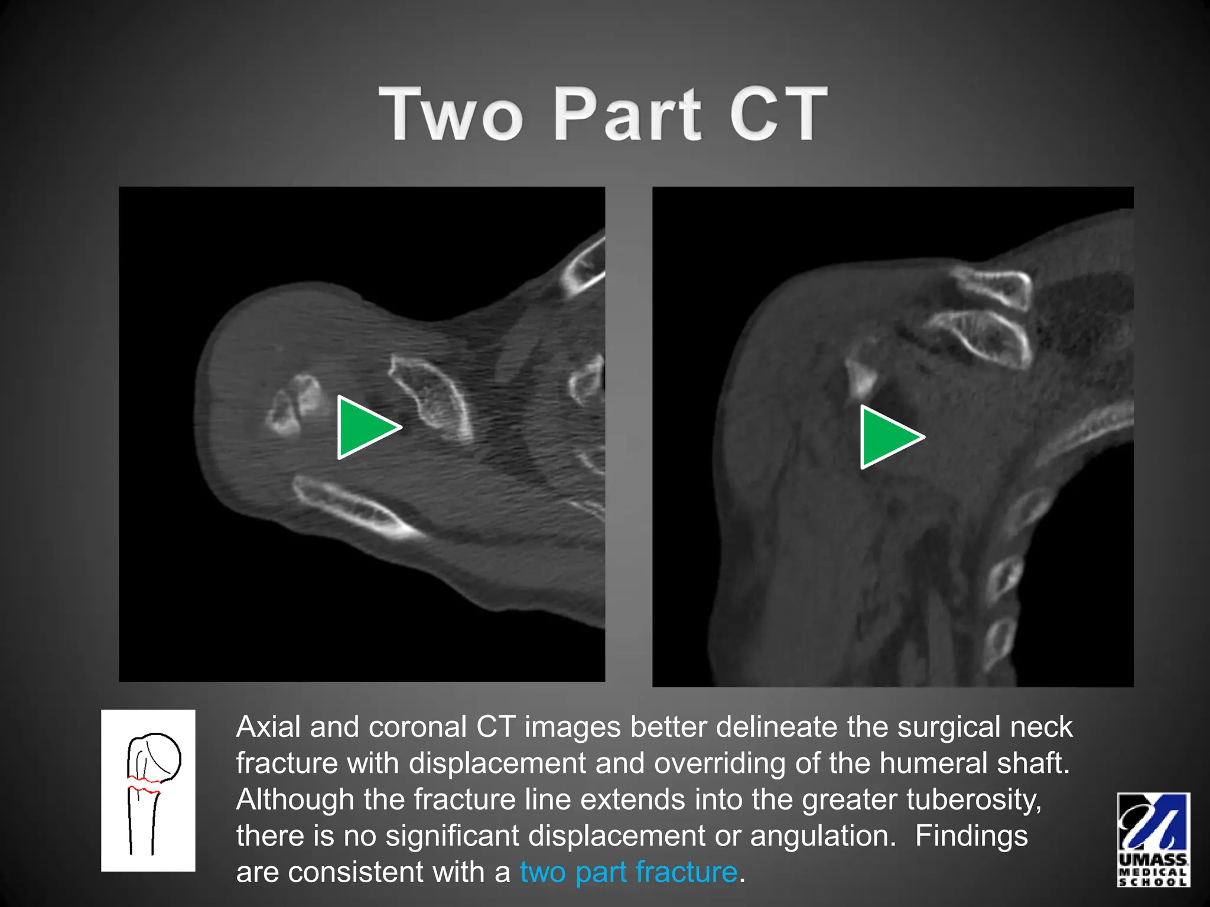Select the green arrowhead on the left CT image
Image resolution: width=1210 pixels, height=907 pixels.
[365, 427]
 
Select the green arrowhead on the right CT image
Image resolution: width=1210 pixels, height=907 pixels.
[888, 437]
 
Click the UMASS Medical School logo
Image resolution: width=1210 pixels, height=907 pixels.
[1153, 839]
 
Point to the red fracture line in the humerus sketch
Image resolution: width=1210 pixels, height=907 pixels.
[144, 785]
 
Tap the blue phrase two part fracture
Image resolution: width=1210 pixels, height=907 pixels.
[629, 872]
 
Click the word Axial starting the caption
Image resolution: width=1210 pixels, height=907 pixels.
[268, 727]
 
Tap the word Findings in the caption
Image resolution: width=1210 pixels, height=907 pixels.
[971, 836]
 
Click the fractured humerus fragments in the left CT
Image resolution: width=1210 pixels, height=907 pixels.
[295, 404]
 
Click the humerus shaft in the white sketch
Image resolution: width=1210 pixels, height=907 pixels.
[142, 824]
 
